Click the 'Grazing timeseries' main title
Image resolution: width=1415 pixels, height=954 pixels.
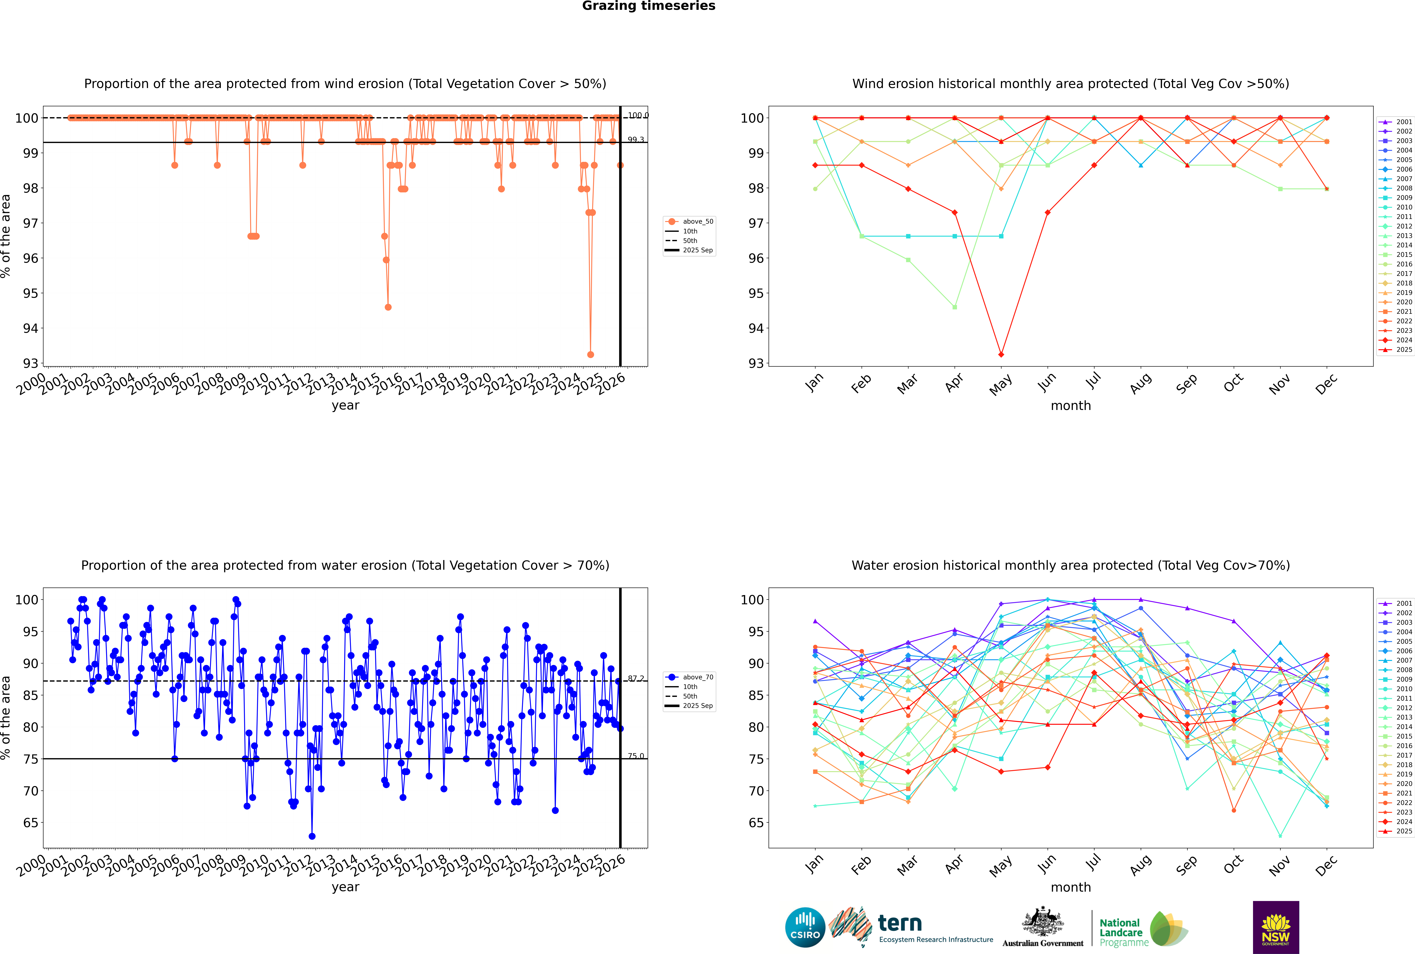click(649, 6)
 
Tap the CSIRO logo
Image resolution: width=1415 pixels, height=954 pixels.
click(805, 927)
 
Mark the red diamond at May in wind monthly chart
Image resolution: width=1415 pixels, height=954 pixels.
click(1001, 355)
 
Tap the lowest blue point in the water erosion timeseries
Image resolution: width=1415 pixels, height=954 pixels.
click(312, 836)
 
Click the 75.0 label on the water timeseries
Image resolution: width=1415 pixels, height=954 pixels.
click(636, 756)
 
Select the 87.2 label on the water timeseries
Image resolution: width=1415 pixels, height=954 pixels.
click(636, 678)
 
